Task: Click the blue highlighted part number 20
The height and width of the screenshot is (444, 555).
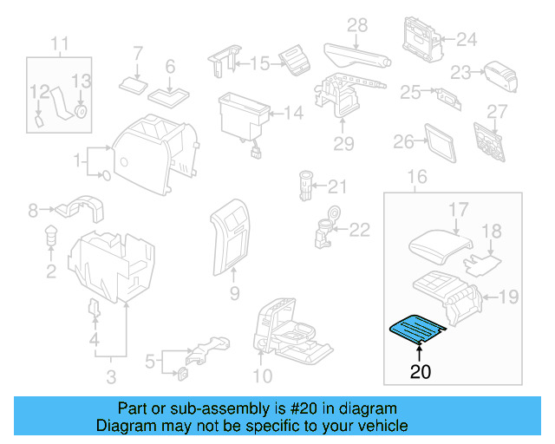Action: [416, 328]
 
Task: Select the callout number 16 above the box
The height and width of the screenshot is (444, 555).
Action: [417, 177]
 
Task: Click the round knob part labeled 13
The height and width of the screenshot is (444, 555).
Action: [81, 111]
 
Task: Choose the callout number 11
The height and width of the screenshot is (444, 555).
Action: [59, 43]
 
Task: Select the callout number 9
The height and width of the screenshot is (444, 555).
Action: [233, 295]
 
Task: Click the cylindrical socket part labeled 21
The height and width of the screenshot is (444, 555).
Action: [304, 186]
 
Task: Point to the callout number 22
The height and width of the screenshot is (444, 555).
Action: [359, 229]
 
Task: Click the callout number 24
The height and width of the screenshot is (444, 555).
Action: [467, 39]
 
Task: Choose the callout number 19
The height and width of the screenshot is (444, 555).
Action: [508, 297]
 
